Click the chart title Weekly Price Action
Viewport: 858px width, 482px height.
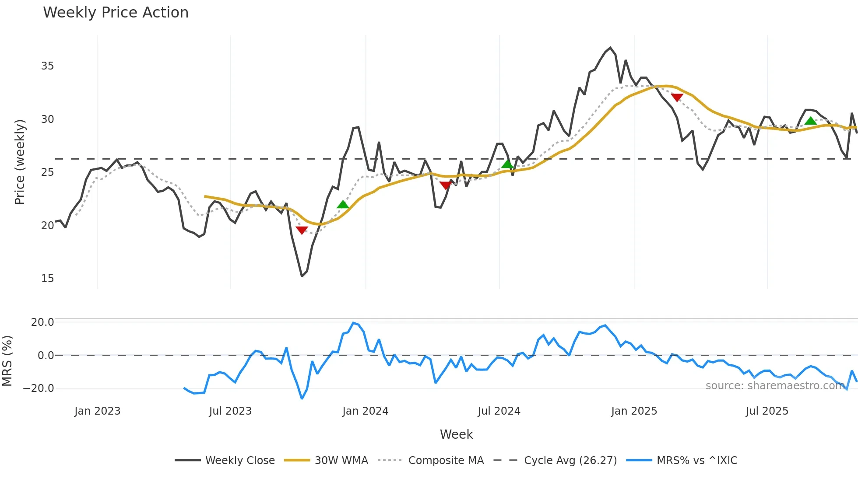[116, 13]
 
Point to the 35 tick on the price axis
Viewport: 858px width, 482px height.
[47, 66]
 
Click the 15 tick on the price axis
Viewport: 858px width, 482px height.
[47, 279]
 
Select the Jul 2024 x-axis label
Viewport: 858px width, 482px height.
[499, 411]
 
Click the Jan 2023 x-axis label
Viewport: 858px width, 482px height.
[97, 411]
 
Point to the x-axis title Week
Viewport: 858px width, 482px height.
[456, 434]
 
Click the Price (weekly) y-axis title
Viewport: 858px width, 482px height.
[20, 162]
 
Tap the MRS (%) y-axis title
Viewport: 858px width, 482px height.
[7, 361]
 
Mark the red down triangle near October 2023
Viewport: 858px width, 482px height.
[302, 230]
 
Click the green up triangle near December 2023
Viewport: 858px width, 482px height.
[343, 205]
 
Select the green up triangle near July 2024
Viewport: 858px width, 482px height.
[507, 164]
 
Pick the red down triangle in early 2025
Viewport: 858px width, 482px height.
[677, 98]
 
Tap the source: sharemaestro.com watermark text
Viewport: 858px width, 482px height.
[775, 386]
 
